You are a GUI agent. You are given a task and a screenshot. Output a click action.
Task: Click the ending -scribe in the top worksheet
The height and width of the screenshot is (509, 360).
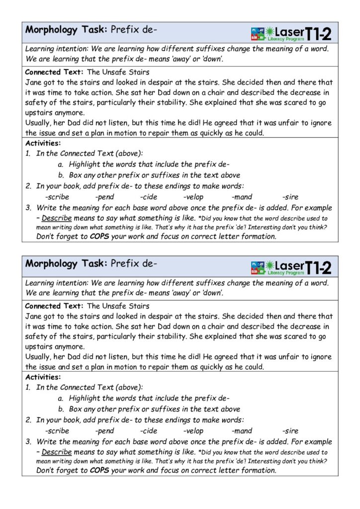click(57, 197)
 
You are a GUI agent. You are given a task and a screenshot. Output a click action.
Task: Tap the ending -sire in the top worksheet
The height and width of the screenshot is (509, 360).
click(290, 197)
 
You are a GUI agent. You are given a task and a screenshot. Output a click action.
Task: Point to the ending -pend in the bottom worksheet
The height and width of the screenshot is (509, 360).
click(104, 430)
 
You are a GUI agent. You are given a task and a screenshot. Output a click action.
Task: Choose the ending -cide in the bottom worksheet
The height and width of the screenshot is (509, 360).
click(149, 430)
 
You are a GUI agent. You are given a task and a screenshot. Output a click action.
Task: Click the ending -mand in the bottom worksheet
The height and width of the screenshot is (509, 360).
click(242, 430)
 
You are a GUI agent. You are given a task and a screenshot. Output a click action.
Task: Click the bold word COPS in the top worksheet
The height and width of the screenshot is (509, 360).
click(99, 237)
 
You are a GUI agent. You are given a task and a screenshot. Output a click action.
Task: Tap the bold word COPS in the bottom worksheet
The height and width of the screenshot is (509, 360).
click(99, 470)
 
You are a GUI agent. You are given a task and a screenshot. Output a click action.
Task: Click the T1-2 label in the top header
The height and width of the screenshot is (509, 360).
click(318, 33)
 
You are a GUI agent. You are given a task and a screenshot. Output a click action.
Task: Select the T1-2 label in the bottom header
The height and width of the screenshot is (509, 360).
click(318, 267)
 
